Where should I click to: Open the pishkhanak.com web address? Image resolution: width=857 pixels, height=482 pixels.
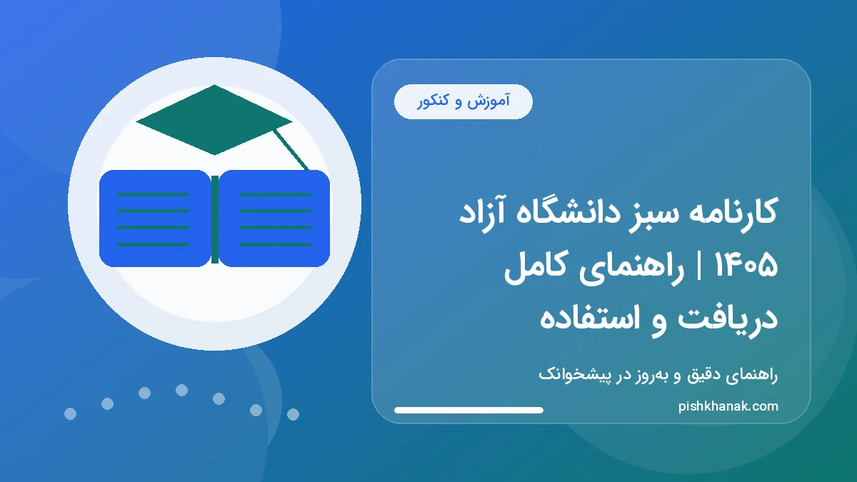coord(728,406)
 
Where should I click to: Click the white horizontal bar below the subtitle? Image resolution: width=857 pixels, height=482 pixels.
coord(468,410)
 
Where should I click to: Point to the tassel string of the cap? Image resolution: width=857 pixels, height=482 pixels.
coord(291,151)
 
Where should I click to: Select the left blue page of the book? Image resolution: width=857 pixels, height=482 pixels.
coord(154,219)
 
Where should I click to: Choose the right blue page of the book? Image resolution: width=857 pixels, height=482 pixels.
coord(275,219)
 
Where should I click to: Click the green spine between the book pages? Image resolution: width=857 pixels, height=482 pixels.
coord(214,219)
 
